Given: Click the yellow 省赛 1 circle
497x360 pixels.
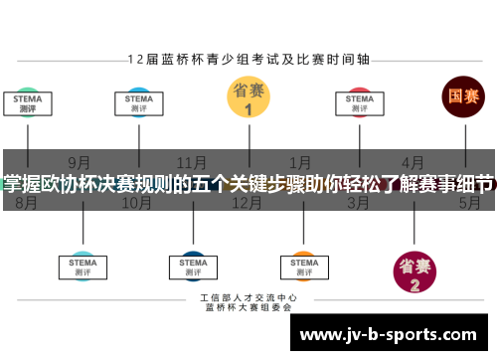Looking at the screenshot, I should click(x=248, y=97).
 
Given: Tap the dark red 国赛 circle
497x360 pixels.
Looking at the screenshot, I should click(x=463, y=97).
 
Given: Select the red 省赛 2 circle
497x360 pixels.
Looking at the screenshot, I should click(x=414, y=271).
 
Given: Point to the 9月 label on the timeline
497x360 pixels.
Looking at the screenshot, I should click(x=81, y=160).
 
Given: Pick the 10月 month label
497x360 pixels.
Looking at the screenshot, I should click(x=136, y=203).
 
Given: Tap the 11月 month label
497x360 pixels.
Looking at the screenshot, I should click(x=191, y=160).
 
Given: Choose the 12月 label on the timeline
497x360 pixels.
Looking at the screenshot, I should click(x=247, y=203).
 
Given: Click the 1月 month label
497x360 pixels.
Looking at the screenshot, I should click(x=300, y=160).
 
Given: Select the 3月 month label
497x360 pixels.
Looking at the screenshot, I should click(x=359, y=203).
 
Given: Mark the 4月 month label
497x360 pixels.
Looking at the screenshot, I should click(x=413, y=160).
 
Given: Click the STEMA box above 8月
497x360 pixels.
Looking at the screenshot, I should click(x=27, y=104).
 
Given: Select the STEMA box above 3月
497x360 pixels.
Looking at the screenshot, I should click(x=359, y=104).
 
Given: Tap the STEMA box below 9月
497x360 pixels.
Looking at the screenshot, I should click(x=83, y=264).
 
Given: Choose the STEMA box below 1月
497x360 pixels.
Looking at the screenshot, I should click(x=302, y=264).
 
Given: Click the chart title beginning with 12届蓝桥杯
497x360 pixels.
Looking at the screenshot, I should click(x=248, y=59).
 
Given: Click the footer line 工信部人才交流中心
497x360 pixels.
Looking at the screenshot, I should click(x=248, y=298).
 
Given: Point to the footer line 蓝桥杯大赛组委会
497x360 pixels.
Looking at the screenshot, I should click(x=248, y=308).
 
